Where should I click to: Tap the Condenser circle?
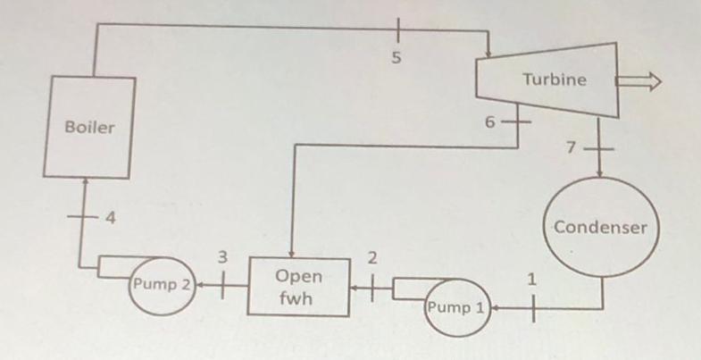pyautogui.click(x=602, y=227)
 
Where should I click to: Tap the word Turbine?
pyautogui.click(x=555, y=80)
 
